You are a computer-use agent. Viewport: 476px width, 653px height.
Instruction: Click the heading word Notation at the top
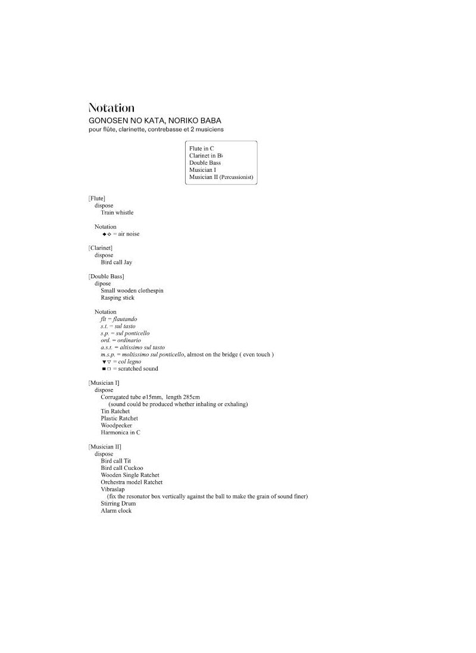(111, 108)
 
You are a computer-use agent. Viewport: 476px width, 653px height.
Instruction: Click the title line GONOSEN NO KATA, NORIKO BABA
(155, 120)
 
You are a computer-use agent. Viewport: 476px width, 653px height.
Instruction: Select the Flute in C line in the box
(202, 148)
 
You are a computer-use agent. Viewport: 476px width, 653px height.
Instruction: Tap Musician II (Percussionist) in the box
(221, 177)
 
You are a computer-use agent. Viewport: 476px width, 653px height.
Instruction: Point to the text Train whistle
(117, 212)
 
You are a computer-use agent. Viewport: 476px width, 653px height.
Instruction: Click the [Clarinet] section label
(101, 247)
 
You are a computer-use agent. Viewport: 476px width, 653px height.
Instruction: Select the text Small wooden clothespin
(132, 290)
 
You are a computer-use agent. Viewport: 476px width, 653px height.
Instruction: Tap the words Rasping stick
(118, 297)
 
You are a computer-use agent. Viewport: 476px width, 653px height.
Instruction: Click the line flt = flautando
(118, 319)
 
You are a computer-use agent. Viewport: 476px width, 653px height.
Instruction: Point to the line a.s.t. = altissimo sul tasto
(133, 347)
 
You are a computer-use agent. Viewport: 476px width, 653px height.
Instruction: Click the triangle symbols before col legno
(107, 362)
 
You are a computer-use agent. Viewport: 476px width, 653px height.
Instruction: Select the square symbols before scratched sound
(107, 369)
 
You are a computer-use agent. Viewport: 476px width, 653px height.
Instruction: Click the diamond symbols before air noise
(107, 234)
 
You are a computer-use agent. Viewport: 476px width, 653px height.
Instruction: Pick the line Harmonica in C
(121, 432)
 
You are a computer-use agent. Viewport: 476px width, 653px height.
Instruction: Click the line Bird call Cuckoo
(122, 468)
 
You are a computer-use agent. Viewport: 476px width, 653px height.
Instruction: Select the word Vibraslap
(113, 489)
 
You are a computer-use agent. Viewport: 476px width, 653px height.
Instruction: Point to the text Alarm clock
(117, 510)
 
